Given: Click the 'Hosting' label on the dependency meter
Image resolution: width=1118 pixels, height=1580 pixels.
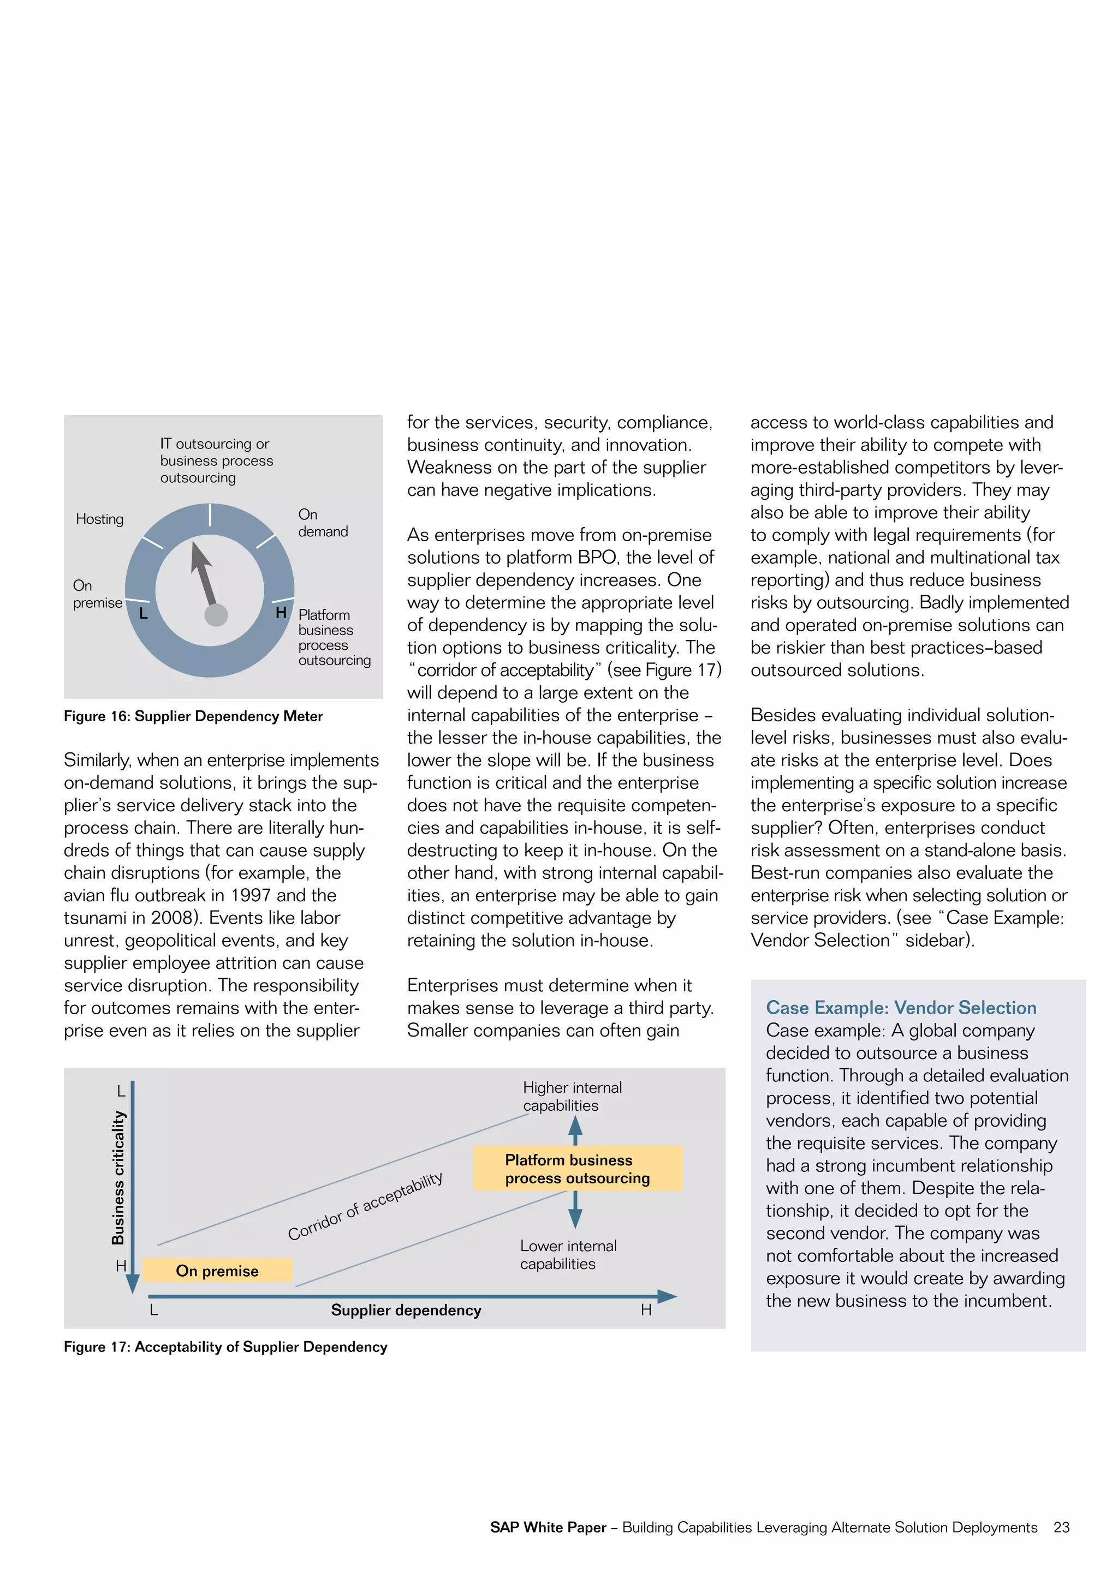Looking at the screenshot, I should (100, 519).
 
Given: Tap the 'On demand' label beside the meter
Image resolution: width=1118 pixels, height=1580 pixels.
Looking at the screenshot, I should (322, 523).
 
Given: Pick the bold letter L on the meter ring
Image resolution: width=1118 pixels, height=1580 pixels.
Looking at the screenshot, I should (143, 613).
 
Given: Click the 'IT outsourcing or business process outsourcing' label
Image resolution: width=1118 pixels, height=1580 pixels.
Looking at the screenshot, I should (216, 460).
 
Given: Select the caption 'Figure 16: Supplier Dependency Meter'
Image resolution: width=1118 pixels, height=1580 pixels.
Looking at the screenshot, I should (193, 716).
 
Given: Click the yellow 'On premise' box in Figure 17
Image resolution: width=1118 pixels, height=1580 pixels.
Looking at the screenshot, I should (218, 1270).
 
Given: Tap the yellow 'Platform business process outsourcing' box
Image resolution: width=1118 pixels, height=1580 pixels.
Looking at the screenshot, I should (578, 1169).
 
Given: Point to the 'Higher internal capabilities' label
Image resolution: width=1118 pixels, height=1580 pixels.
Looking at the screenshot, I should (572, 1096).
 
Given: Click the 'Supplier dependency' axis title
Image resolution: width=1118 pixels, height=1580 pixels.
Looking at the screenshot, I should (406, 1310).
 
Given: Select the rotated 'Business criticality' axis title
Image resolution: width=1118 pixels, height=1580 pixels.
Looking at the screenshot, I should (118, 1177).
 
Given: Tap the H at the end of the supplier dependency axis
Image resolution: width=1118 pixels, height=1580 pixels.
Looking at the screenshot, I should (646, 1310).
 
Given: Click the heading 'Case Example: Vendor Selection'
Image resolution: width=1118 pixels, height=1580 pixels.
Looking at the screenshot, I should (901, 1008).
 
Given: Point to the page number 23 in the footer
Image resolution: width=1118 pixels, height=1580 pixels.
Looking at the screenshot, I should (1062, 1527).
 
